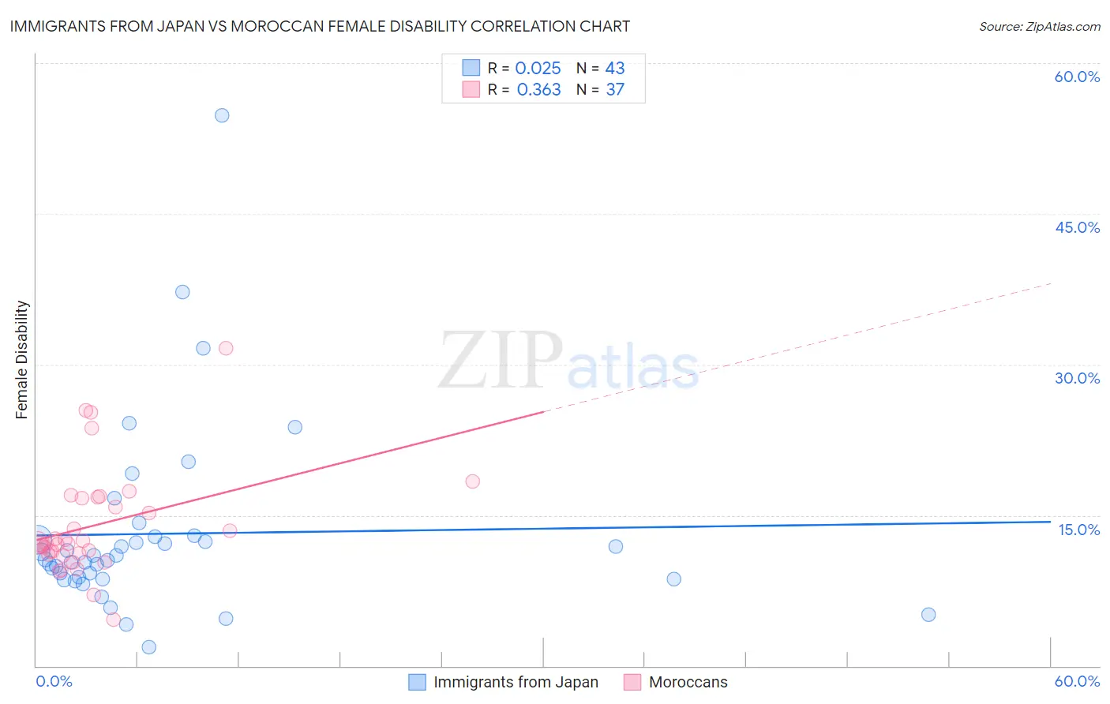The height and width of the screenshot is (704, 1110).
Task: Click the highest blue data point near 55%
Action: click(x=222, y=115)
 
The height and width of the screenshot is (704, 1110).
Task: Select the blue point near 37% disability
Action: click(x=182, y=292)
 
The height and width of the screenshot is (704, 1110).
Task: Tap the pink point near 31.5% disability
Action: click(x=226, y=348)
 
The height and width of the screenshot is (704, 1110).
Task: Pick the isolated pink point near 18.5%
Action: click(x=473, y=481)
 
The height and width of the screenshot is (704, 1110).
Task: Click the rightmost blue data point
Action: click(x=928, y=615)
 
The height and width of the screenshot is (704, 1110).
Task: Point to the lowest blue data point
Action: click(x=148, y=647)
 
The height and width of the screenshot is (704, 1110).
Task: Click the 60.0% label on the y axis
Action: click(x=1077, y=77)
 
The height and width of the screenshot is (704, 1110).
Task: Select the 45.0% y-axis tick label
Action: click(x=1077, y=227)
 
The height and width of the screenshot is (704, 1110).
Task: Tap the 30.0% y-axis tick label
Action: click(x=1077, y=378)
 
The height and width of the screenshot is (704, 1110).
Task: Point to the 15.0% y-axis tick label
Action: click(x=1078, y=530)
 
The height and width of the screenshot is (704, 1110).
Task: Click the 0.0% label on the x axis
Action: click(x=54, y=681)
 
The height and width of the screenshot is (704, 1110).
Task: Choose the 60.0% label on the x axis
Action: click(x=1077, y=681)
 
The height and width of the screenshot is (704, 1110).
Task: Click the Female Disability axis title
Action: click(x=22, y=360)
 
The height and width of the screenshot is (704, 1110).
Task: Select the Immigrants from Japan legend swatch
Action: click(x=417, y=682)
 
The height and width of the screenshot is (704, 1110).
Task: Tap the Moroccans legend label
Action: click(x=688, y=682)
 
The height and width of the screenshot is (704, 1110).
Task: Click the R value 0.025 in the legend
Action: click(x=538, y=69)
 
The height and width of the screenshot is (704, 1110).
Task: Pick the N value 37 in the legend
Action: click(x=615, y=90)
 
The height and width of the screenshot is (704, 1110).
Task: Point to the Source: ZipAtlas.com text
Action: click(x=1039, y=26)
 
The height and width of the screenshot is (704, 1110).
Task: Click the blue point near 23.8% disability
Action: click(x=295, y=427)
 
